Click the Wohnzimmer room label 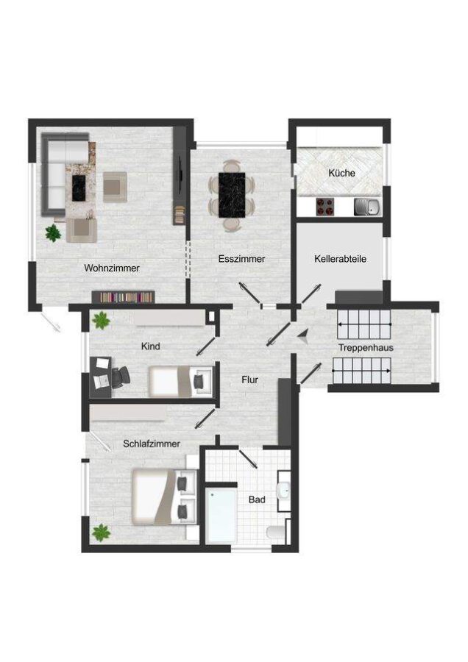tap(112, 268)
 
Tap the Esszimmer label tap(241, 259)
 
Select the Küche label tap(341, 174)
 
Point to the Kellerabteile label tap(340, 259)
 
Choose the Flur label tap(249, 380)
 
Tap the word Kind tap(150, 346)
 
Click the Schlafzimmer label tap(152, 444)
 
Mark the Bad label tap(256, 499)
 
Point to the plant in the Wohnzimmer tap(53, 234)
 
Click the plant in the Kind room tap(101, 320)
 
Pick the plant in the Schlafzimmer tap(100, 531)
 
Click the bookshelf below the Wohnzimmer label tap(123, 296)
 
